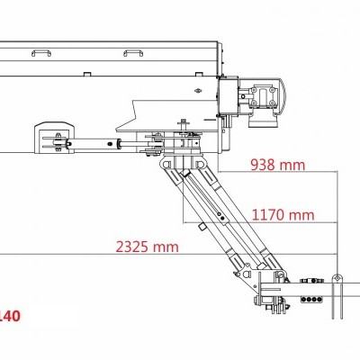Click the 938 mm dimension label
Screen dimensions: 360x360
tap(278, 166)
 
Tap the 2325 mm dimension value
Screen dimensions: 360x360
tap(147, 246)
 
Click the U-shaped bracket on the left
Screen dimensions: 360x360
tap(50, 140)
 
